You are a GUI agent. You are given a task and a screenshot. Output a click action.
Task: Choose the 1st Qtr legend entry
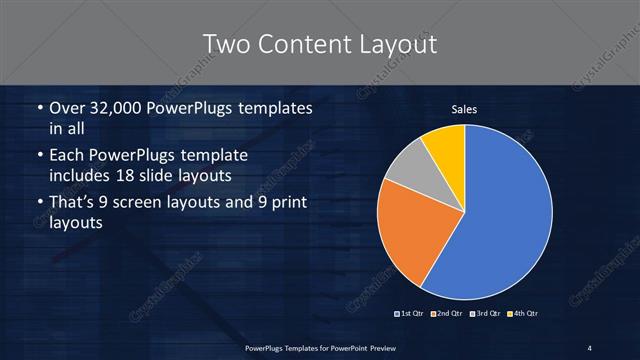(x=412, y=315)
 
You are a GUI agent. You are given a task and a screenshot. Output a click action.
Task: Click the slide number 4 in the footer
(x=590, y=347)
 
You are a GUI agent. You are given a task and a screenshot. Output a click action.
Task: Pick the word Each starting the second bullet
(x=65, y=156)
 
